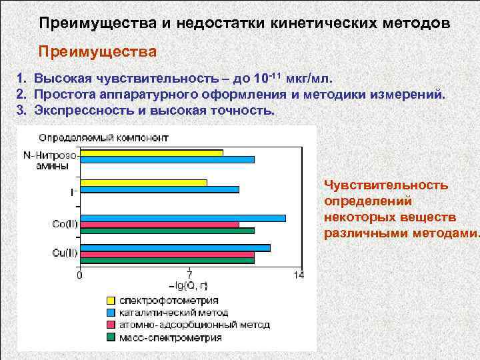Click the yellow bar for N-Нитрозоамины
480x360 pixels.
point(151,153)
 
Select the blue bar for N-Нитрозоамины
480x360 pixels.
point(167,159)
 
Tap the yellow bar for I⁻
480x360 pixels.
point(143,182)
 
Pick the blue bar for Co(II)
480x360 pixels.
point(182,218)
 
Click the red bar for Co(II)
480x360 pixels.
point(159,225)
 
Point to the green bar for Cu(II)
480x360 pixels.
point(167,260)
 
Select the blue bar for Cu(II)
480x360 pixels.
point(175,247)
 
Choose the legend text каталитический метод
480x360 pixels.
point(173,313)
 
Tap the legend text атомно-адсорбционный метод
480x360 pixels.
point(194,325)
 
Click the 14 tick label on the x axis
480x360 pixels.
point(298,275)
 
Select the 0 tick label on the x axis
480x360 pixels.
point(80,275)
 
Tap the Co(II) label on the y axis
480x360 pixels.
point(64,225)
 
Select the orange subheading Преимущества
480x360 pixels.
point(98,51)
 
